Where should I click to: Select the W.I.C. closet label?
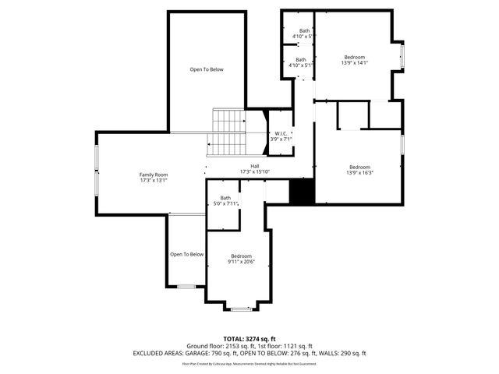(281, 136)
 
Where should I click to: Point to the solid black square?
(302, 192)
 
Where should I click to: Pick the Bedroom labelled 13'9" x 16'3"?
(359, 170)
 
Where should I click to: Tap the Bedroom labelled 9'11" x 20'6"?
(241, 259)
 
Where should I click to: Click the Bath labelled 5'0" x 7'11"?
(225, 200)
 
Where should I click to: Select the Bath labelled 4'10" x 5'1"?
(300, 62)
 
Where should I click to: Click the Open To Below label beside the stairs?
(207, 70)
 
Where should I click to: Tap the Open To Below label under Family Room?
(186, 254)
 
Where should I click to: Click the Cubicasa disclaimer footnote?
(249, 363)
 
